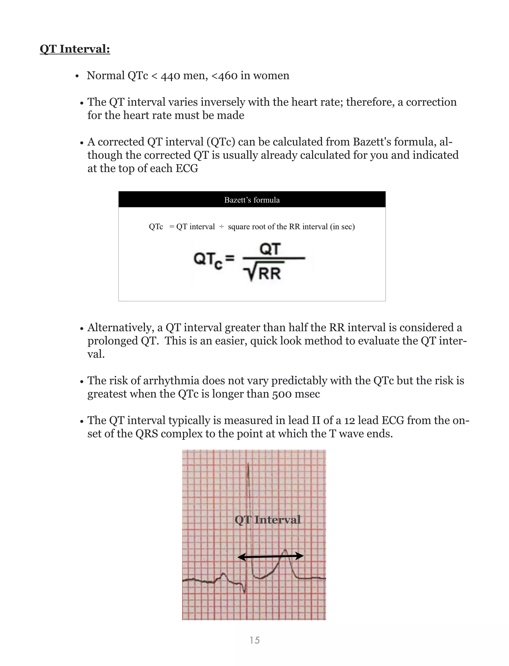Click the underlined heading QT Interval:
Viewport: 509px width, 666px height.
(x=75, y=49)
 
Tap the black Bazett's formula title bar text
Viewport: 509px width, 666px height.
(x=252, y=200)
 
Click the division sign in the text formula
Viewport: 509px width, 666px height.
(x=221, y=227)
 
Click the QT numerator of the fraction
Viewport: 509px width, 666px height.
(x=270, y=249)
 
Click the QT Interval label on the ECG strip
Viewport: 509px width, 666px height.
(x=267, y=520)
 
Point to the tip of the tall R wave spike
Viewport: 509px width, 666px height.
(x=249, y=464)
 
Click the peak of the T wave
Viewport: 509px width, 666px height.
(x=285, y=550)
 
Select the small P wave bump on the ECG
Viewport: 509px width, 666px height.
(x=223, y=573)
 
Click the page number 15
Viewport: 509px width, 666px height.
(x=254, y=640)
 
